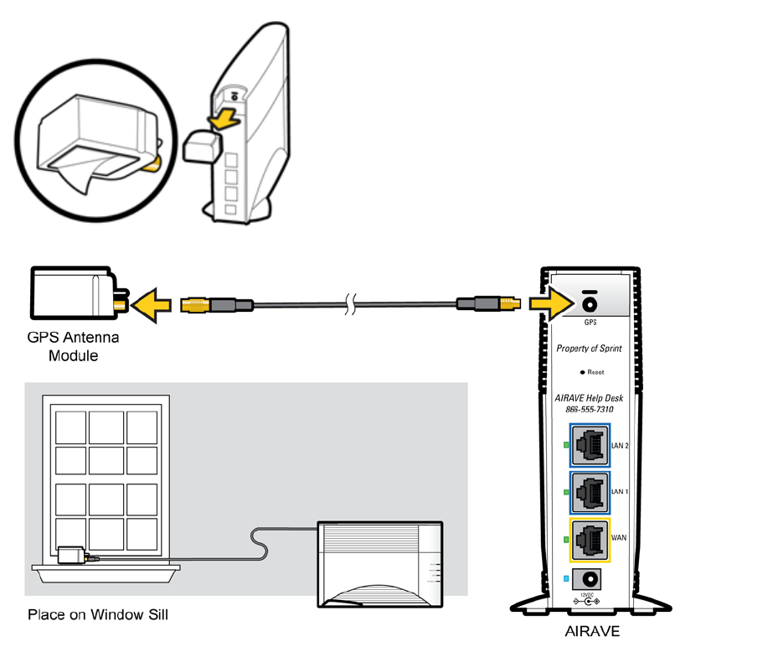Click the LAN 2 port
tap(591, 446)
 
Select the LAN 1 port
tap(591, 492)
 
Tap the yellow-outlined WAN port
tap(591, 539)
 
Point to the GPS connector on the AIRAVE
tap(590, 303)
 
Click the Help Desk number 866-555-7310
tap(590, 410)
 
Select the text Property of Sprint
tap(590, 349)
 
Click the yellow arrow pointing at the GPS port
tap(549, 303)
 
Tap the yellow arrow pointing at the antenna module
tap(156, 303)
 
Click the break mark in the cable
tap(352, 304)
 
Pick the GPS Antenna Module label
tap(74, 347)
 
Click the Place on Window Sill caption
tap(98, 615)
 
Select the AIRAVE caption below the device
tap(592, 631)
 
